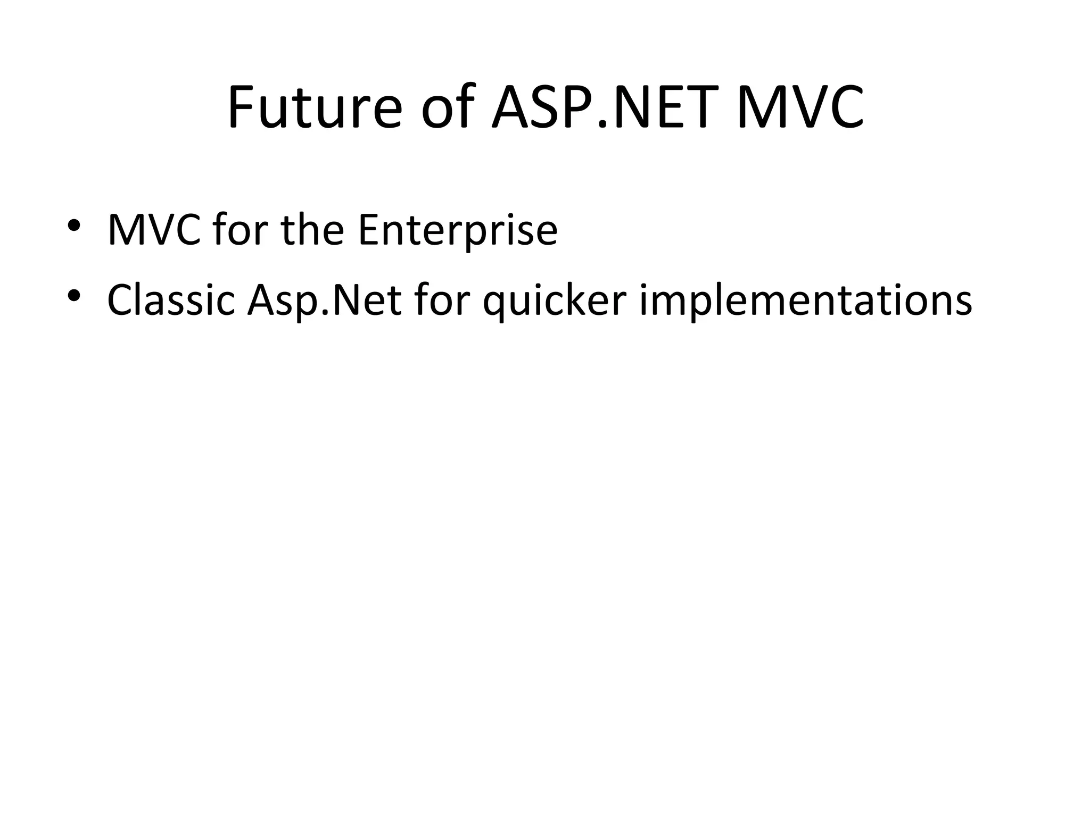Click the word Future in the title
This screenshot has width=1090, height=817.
(x=315, y=107)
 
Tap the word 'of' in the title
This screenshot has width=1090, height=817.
(x=447, y=107)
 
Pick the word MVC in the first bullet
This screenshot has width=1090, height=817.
(x=154, y=230)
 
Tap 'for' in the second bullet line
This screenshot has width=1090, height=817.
(x=442, y=300)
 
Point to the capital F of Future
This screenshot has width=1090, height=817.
(x=240, y=107)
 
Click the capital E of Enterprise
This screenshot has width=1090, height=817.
(x=369, y=230)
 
